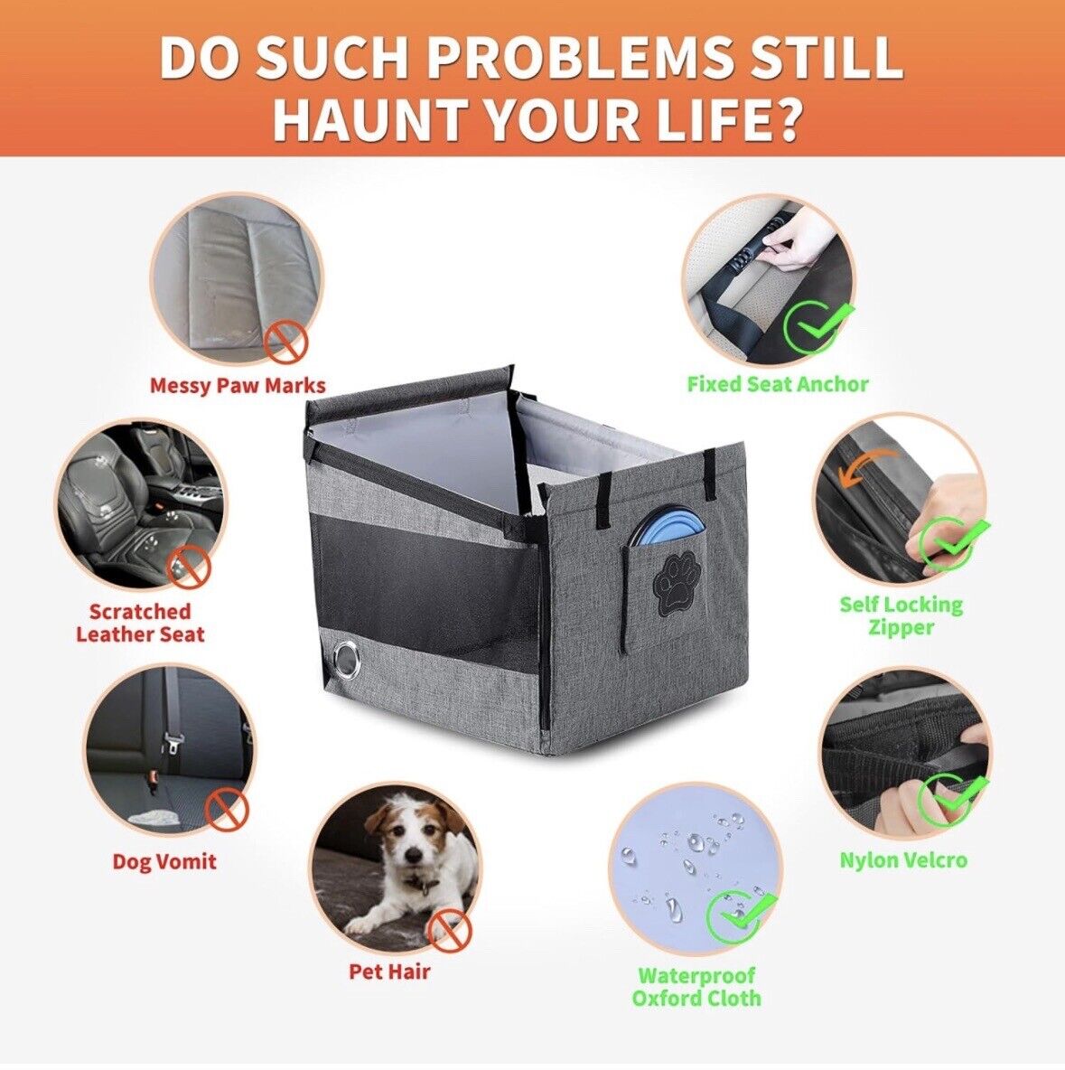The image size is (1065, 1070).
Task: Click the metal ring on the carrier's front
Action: pos(346,659)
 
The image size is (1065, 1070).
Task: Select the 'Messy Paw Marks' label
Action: pos(238,386)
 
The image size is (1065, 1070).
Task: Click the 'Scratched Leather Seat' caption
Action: pos(140,623)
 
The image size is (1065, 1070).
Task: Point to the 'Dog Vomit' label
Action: pos(164,861)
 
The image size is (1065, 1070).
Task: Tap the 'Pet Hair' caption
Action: pos(389,971)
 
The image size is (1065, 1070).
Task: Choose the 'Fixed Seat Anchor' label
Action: pos(777,384)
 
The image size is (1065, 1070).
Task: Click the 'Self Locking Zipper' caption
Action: pos(901,615)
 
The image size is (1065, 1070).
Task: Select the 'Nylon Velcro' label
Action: pos(903,859)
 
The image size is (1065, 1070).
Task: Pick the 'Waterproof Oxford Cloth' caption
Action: pos(696,986)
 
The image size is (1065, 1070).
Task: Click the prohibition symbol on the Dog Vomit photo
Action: pos(228,810)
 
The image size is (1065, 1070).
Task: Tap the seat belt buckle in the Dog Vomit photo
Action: pos(169,743)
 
